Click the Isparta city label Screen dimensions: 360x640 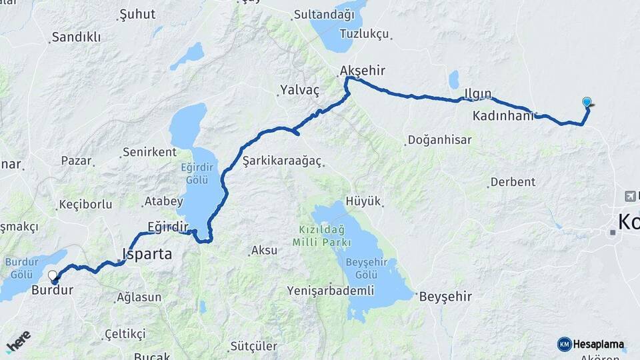148,254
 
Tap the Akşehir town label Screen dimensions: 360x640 363,71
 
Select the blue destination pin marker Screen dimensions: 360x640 587,103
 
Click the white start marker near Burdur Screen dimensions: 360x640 53,275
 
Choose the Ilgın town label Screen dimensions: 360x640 478,93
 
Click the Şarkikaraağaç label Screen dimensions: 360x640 282,161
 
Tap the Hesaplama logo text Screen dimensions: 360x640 599,345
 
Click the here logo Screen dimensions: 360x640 19,341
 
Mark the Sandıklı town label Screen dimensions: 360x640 75,37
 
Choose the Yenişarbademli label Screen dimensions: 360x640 328,290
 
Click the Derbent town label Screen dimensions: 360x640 513,182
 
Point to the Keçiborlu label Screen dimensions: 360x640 85,205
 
